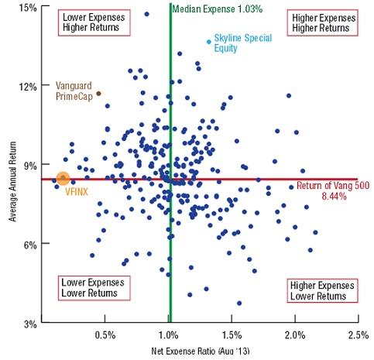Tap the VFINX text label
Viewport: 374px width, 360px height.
point(75,189)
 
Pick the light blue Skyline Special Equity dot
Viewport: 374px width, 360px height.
point(209,42)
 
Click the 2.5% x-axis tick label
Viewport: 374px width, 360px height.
point(358,334)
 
